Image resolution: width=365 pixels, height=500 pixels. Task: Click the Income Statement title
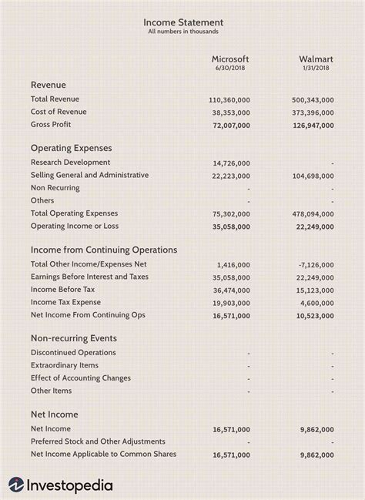click(x=182, y=22)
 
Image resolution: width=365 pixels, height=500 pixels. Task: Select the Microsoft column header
click(x=230, y=59)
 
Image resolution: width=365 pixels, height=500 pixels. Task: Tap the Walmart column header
click(x=316, y=59)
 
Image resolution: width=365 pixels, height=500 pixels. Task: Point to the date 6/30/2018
click(x=230, y=69)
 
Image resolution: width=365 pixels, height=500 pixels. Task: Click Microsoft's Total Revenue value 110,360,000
click(x=229, y=100)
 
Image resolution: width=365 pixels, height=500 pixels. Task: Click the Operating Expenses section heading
click(x=71, y=147)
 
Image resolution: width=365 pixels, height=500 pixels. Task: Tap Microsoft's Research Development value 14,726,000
click(x=231, y=163)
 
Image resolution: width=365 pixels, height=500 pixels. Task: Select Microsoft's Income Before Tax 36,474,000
click(x=231, y=290)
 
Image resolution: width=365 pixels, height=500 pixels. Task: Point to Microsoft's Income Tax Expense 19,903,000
click(x=231, y=303)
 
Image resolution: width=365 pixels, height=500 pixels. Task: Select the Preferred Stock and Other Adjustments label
click(x=98, y=441)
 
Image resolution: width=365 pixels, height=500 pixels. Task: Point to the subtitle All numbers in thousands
click(x=182, y=32)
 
